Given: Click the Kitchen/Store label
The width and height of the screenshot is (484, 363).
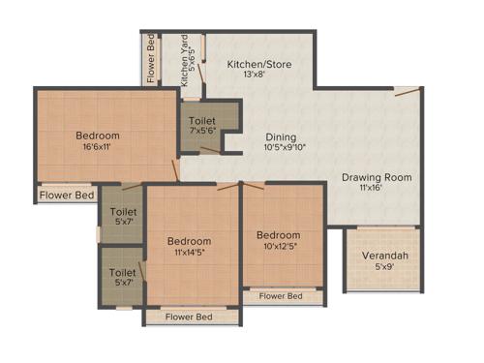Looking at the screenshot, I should coord(258,64).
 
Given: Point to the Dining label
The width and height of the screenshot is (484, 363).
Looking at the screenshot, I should coord(281,137).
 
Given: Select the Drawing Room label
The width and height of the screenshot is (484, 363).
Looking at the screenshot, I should coord(377,177).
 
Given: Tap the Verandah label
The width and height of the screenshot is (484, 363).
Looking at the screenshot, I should coord(384,256).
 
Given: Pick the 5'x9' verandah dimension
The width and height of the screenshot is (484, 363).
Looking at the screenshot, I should coord(384,268).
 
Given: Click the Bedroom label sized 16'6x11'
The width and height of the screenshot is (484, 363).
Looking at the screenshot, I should coord(98,136).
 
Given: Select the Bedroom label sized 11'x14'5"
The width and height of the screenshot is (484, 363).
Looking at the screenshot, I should coord(189,241).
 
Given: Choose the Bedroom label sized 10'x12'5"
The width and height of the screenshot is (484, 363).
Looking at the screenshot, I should coord(278,235).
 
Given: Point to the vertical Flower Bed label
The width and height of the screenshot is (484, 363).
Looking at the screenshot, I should coord(151,58).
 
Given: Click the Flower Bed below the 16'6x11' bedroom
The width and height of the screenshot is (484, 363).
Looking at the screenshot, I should coord(67,195).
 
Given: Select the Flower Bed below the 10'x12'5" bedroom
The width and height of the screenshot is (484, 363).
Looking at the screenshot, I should coord(281,296).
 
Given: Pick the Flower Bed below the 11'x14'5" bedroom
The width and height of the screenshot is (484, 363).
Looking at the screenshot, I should coord(189,317).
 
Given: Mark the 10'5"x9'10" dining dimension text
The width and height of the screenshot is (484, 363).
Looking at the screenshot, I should coord(284,149).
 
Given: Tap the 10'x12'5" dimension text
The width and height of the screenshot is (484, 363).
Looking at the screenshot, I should coord(278,247).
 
